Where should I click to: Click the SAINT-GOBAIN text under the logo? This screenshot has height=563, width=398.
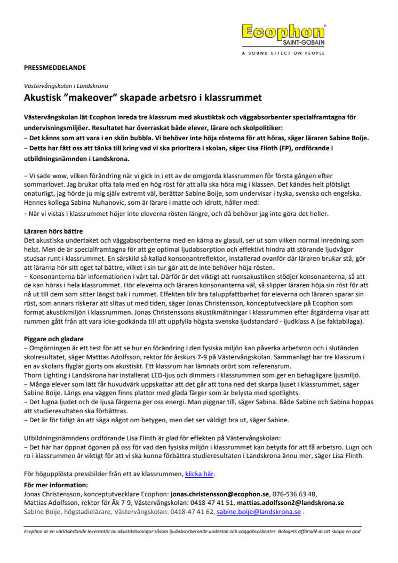(306, 44)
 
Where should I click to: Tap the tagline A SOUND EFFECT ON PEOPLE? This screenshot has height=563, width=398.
(283, 53)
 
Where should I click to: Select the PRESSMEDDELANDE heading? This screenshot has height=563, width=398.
(55, 68)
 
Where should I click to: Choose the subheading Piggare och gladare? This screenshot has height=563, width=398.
(53, 339)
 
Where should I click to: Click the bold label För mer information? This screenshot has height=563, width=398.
(56, 485)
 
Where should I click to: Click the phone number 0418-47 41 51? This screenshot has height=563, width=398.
(214, 503)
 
